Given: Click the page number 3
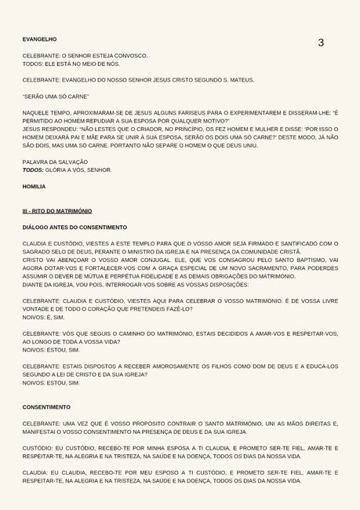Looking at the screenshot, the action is (x=320, y=42).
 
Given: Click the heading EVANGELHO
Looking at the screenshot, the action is (x=39, y=38).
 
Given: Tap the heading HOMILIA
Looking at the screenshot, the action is (x=34, y=187).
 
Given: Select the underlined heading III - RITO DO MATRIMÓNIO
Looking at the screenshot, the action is (x=56, y=211).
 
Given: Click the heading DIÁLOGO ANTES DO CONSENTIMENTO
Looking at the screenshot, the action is (x=75, y=227).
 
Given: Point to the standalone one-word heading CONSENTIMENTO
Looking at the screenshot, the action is (x=46, y=407).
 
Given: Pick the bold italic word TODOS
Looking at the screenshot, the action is (x=33, y=169).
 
